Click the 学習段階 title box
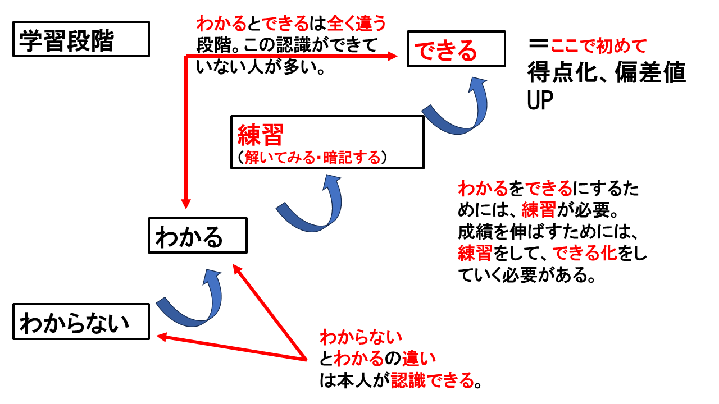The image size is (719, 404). [81, 39]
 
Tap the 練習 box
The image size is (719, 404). [326, 142]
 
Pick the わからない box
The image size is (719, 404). [81, 322]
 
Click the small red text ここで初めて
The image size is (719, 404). [599, 45]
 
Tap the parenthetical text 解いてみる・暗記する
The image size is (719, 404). [312, 158]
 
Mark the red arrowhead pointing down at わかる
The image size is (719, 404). [186, 203]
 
